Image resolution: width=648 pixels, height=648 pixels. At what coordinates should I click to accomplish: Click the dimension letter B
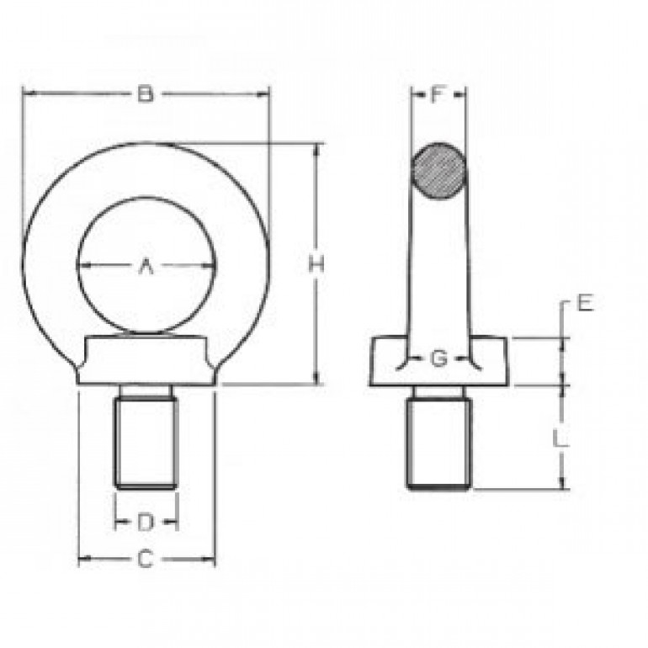pyautogui.click(x=145, y=93)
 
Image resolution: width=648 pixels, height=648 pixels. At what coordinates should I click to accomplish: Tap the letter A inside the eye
pyautogui.click(x=146, y=267)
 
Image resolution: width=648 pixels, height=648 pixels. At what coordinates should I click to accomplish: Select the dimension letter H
pyautogui.click(x=316, y=264)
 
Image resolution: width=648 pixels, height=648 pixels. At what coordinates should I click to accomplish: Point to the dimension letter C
pyautogui.click(x=145, y=560)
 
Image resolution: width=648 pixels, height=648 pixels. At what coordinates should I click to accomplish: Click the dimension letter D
pyautogui.click(x=145, y=523)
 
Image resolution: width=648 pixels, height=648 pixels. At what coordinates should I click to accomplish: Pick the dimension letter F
pyautogui.click(x=438, y=94)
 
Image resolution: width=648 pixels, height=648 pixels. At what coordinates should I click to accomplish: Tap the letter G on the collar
pyautogui.click(x=438, y=359)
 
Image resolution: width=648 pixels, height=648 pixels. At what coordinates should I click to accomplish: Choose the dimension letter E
pyautogui.click(x=585, y=303)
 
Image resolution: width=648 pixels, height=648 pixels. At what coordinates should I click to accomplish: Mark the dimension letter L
pyautogui.click(x=560, y=438)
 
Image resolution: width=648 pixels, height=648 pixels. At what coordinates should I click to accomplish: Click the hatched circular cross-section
pyautogui.click(x=438, y=172)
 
